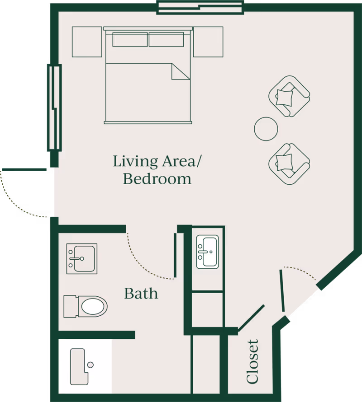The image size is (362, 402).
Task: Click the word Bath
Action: click(x=141, y=294)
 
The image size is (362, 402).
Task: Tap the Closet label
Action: click(x=253, y=362)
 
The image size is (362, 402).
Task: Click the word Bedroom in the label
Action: click(x=157, y=179)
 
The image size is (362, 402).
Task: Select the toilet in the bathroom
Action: click(x=86, y=306)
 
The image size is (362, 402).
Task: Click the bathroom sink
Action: click(x=82, y=259)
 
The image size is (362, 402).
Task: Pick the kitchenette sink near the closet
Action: click(x=208, y=251)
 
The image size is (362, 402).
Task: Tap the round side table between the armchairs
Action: click(x=266, y=129)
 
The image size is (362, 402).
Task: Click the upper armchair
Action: click(x=288, y=96)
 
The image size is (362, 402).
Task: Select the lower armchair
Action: click(x=288, y=164)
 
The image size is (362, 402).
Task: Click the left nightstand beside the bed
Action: click(x=87, y=42)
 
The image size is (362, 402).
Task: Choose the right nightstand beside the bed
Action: click(x=208, y=42)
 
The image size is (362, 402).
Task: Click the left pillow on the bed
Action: click(x=130, y=39)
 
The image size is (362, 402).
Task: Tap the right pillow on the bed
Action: click(x=166, y=39)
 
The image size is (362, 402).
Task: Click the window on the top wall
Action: click(x=200, y=7)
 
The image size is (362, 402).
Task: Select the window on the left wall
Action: click(x=54, y=108)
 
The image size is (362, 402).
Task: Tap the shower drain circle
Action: click(x=90, y=365)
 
